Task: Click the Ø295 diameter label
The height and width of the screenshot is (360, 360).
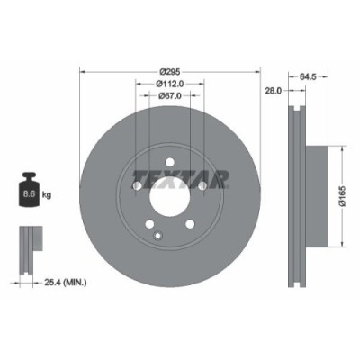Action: point(169,71)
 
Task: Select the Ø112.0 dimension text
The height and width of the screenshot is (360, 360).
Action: point(169,84)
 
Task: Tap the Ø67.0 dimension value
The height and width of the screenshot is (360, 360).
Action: point(169,96)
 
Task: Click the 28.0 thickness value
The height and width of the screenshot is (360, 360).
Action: point(274,92)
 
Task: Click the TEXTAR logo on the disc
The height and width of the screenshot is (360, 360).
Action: point(181,175)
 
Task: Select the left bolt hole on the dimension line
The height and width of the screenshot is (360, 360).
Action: point(135,186)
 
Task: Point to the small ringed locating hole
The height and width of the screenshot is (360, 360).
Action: point(158,237)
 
